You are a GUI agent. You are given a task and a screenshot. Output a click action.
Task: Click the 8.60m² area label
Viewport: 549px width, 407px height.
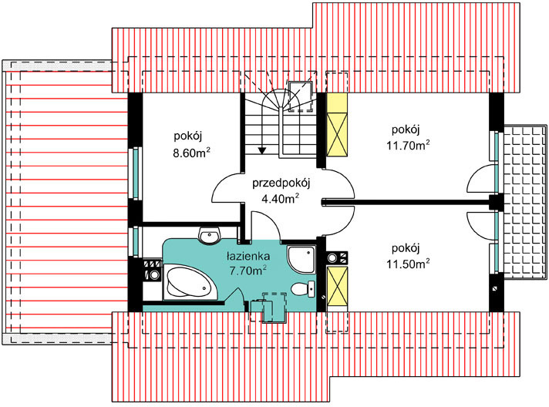(191, 153)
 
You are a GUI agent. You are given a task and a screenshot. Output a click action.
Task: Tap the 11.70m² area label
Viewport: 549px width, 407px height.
(408, 144)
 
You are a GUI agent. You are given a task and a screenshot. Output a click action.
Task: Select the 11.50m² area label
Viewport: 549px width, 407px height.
(408, 263)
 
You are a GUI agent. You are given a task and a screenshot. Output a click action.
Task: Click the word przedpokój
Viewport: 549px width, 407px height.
(281, 183)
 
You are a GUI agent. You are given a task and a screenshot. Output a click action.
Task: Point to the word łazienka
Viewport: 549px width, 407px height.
(248, 256)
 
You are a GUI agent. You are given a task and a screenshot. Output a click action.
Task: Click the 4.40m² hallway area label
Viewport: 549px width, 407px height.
(280, 198)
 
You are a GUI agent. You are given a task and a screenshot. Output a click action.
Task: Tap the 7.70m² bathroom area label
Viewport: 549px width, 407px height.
(248, 270)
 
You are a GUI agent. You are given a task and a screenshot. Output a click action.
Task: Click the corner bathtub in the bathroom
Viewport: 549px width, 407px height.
(190, 283)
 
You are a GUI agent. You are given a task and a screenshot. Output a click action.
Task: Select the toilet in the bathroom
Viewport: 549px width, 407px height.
(303, 289)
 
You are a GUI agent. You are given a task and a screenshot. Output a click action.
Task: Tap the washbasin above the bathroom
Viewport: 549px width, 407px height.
(210, 235)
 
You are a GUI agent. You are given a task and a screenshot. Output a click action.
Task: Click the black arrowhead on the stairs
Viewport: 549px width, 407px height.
(262, 150)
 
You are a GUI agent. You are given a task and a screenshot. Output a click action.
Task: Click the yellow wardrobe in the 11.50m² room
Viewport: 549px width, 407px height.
(337, 285)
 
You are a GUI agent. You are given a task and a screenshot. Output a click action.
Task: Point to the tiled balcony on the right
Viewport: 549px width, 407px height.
(525, 202)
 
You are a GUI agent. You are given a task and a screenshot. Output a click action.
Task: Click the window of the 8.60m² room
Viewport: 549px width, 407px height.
(135, 174)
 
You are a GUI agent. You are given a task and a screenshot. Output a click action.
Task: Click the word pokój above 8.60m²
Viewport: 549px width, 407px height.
(188, 136)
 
